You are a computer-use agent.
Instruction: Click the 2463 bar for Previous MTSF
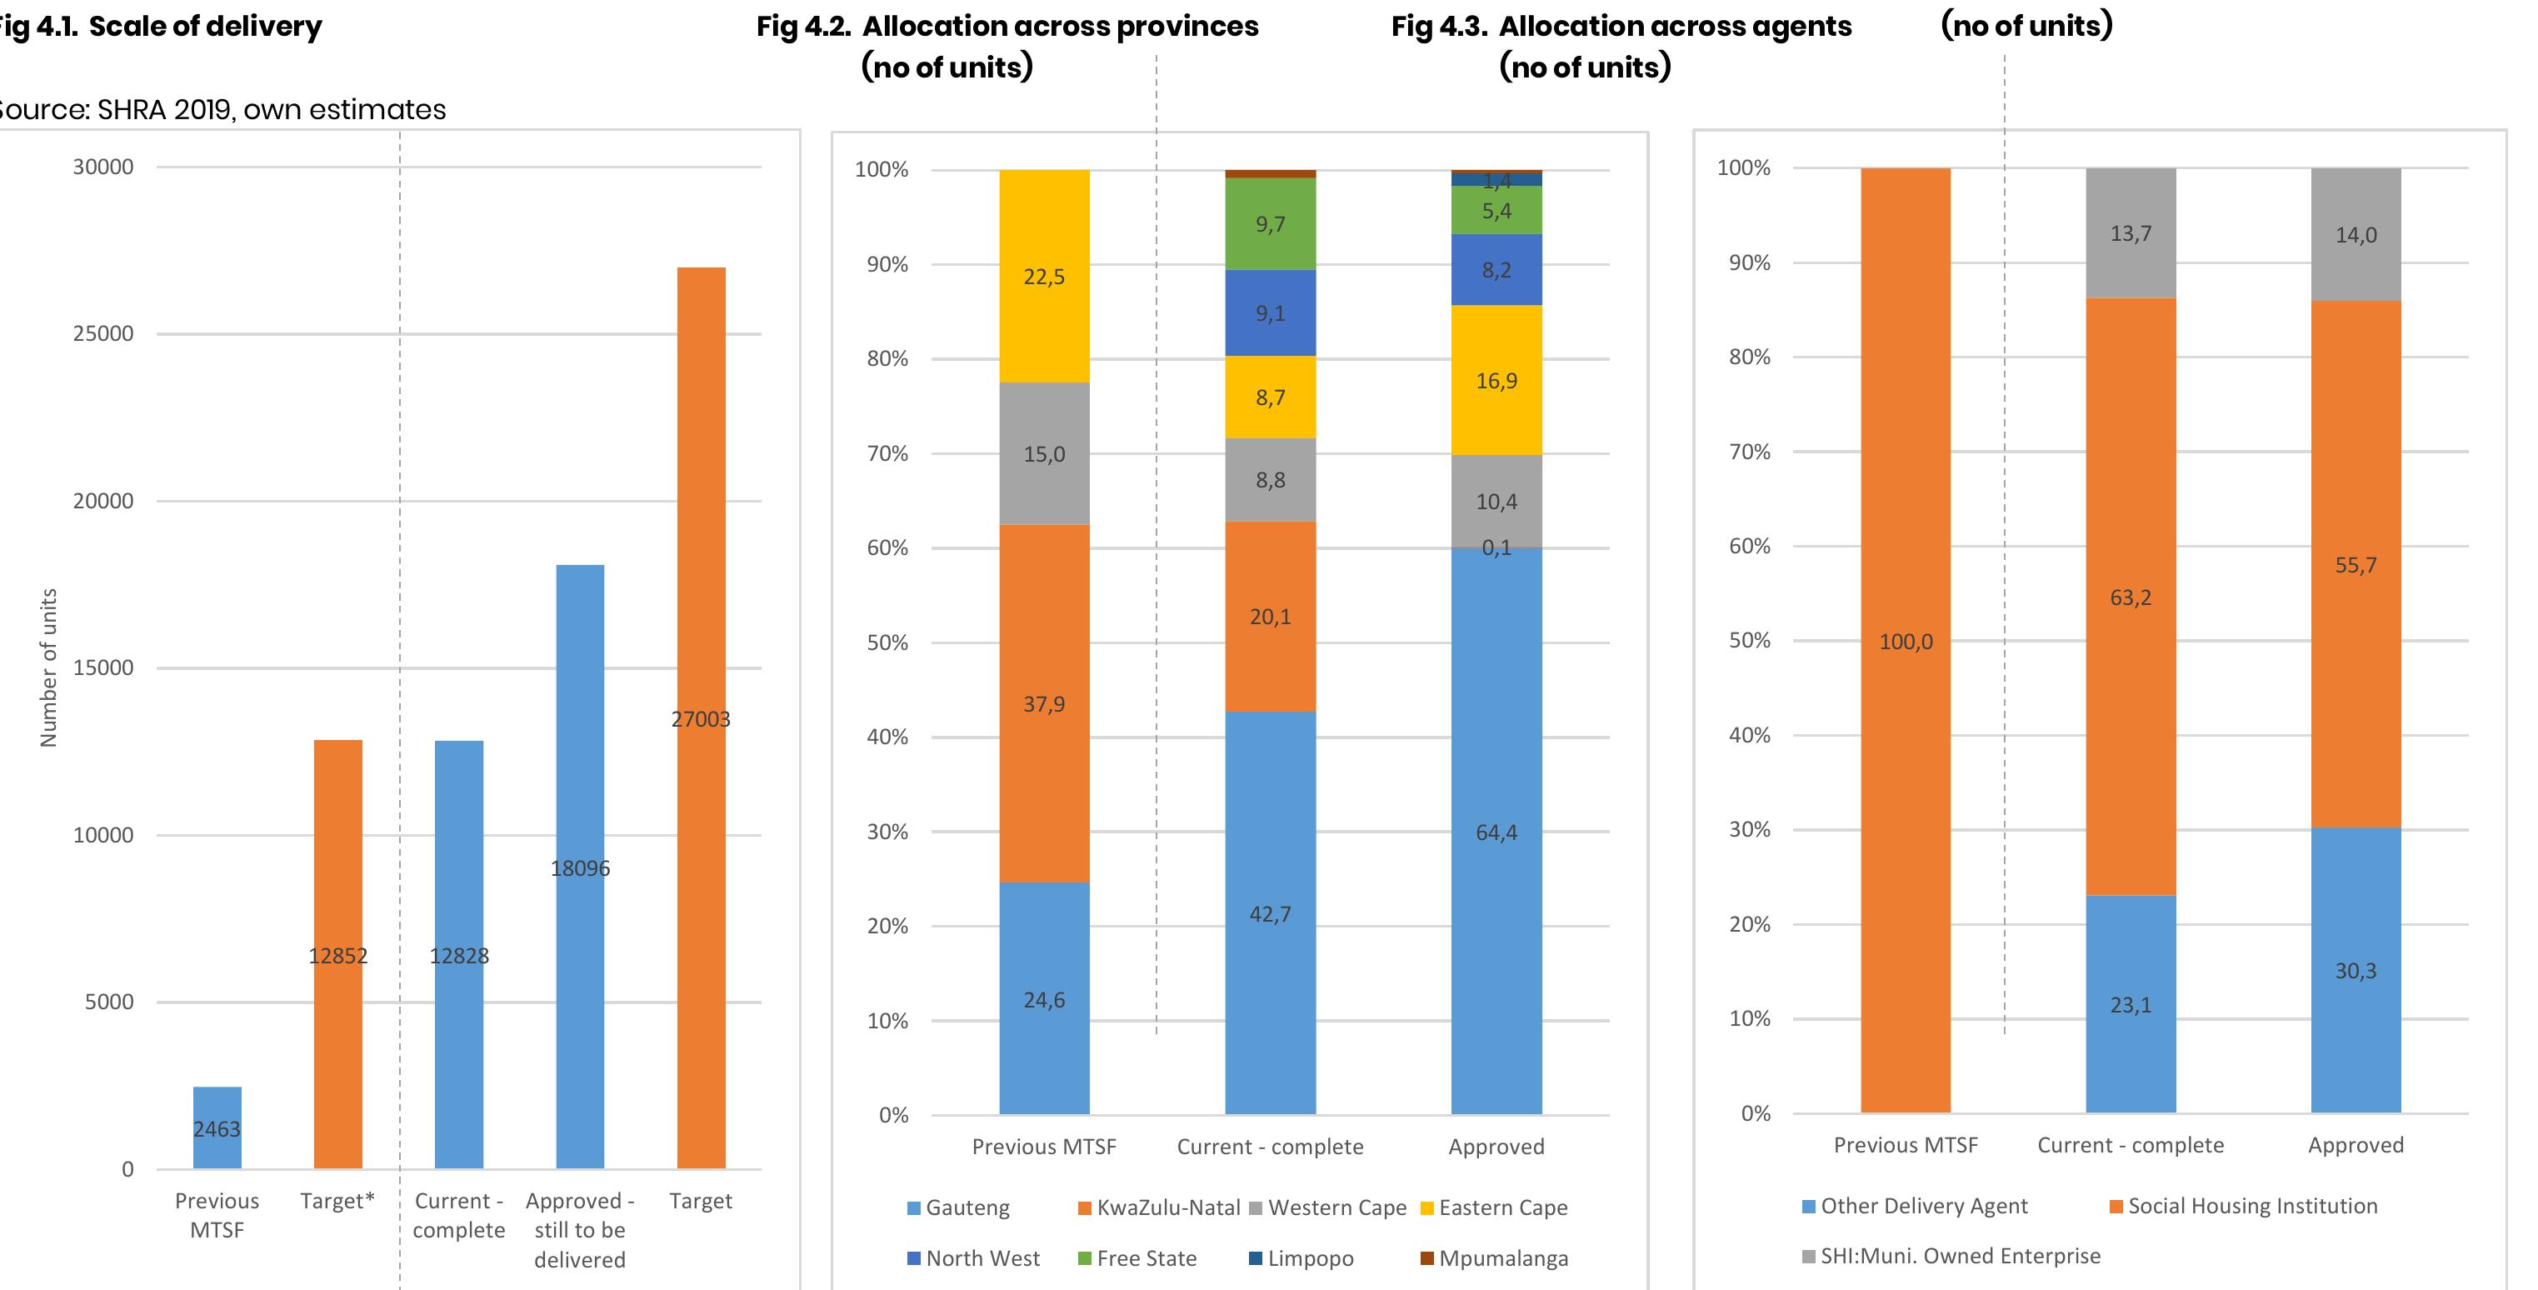coord(217,1127)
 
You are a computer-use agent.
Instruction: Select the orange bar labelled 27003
coord(701,717)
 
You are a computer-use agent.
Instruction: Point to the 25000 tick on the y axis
coord(103,333)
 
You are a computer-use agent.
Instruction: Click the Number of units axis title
coord(48,667)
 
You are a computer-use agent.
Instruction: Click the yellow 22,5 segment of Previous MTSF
coord(1043,276)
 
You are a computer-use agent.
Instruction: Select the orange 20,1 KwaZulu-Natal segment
coord(1269,616)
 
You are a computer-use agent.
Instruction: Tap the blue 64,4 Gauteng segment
coord(1496,831)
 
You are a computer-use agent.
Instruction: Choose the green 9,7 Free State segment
coord(1269,223)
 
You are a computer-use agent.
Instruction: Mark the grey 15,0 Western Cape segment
coord(1043,453)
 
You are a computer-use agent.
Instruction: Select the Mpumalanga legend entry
coord(1494,1258)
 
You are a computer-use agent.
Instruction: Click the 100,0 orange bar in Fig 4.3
coord(1905,641)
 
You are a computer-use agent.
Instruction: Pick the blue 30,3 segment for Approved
coord(2355,970)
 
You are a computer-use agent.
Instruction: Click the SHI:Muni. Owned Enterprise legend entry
coord(1951,1257)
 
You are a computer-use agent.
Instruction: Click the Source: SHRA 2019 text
coord(222,109)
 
